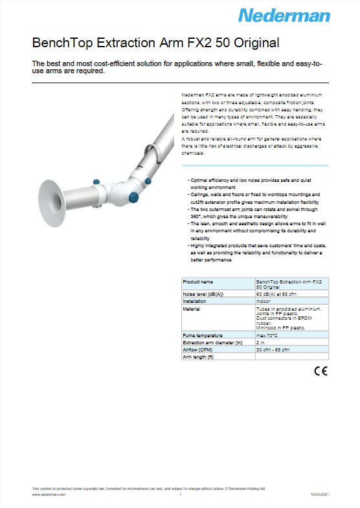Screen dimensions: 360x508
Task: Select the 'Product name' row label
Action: pyautogui.click(x=198, y=282)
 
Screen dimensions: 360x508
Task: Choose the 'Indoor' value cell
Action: pyautogui.click(x=264, y=301)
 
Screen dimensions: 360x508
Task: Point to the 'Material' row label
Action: pyautogui.click(x=192, y=309)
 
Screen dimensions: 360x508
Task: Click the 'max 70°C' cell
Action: pyautogui.click(x=269, y=335)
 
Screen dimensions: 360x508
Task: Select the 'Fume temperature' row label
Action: pyautogui.click(x=203, y=335)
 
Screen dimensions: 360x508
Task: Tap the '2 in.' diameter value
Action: pyautogui.click(x=262, y=342)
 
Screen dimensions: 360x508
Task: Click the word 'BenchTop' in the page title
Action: pyautogui.click(x=62, y=43)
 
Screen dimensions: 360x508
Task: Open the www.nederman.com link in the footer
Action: pyautogui.click(x=49, y=494)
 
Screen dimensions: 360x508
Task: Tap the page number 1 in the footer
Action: pyautogui.click(x=180, y=494)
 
